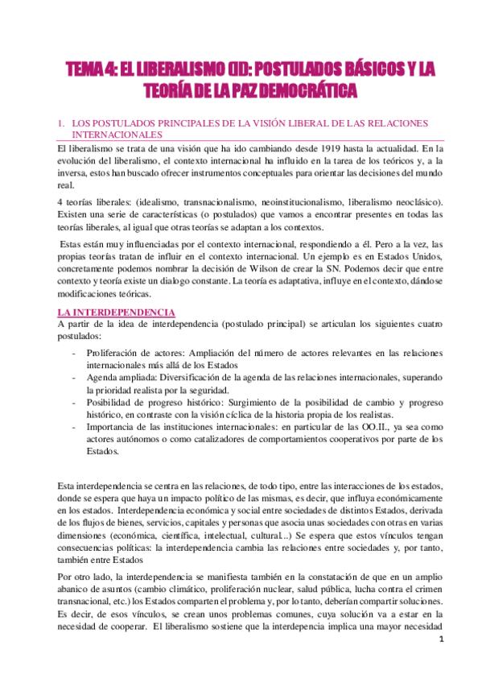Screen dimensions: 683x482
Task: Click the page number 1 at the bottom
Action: [442, 661]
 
